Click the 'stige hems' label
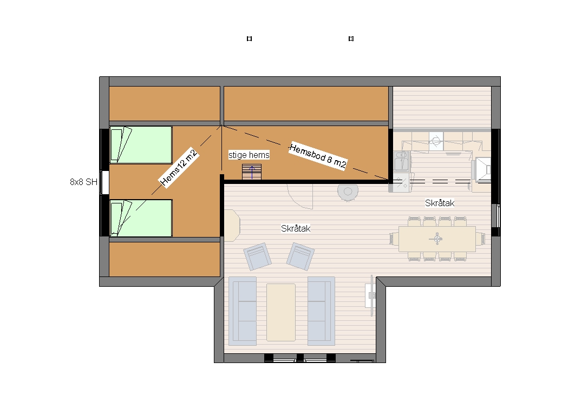pyautogui.click(x=249, y=155)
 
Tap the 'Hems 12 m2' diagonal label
pyautogui.click(x=179, y=168)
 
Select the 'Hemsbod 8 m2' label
pyautogui.click(x=318, y=156)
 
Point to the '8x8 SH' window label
pyautogui.click(x=83, y=182)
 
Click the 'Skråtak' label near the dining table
pyautogui.click(x=440, y=203)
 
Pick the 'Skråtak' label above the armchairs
pyautogui.click(x=296, y=229)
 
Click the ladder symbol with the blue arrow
pyautogui.click(x=252, y=172)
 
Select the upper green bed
pyautogui.click(x=141, y=145)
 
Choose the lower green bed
pyautogui.click(x=141, y=218)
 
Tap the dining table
pyautogui.click(x=437, y=239)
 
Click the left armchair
pyautogui.click(x=257, y=256)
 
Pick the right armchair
pyautogui.click(x=300, y=256)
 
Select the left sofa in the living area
pyautogui.click(x=243, y=311)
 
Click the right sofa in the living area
pyautogui.click(x=321, y=311)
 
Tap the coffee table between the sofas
pyautogui.click(x=281, y=312)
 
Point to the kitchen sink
pyautogui.click(x=402, y=162)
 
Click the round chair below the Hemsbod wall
pyautogui.click(x=348, y=193)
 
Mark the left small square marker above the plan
pyautogui.click(x=250, y=38)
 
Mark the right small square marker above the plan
pyautogui.click(x=351, y=38)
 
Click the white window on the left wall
pyautogui.click(x=104, y=182)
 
